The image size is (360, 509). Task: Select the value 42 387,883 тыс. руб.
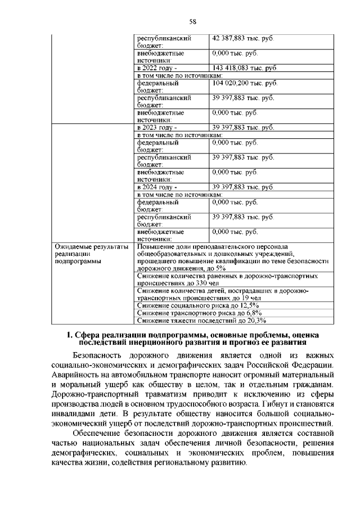tap(242, 38)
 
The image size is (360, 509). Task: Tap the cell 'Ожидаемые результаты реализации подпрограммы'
tap(91, 254)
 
